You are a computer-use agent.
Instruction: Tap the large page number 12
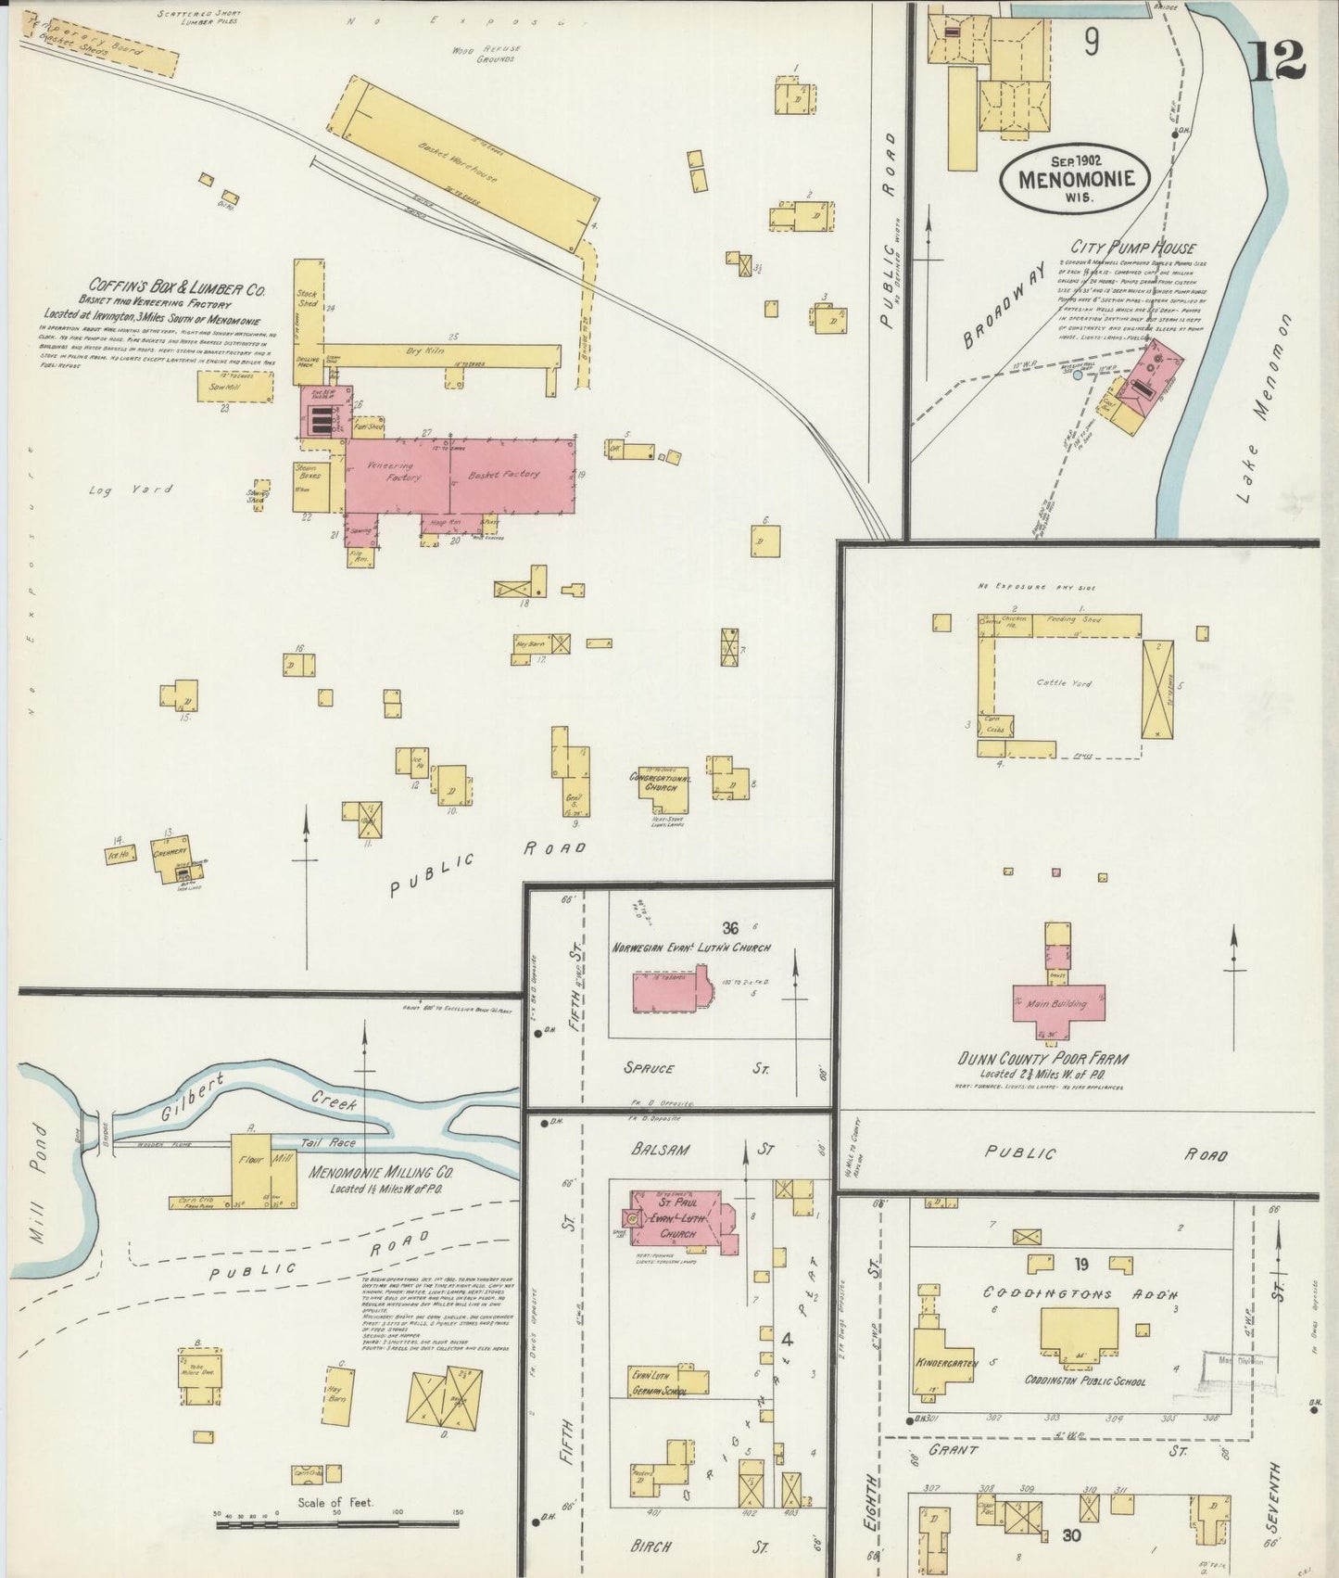[x=1278, y=60]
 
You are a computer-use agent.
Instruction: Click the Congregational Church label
[x=660, y=783]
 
